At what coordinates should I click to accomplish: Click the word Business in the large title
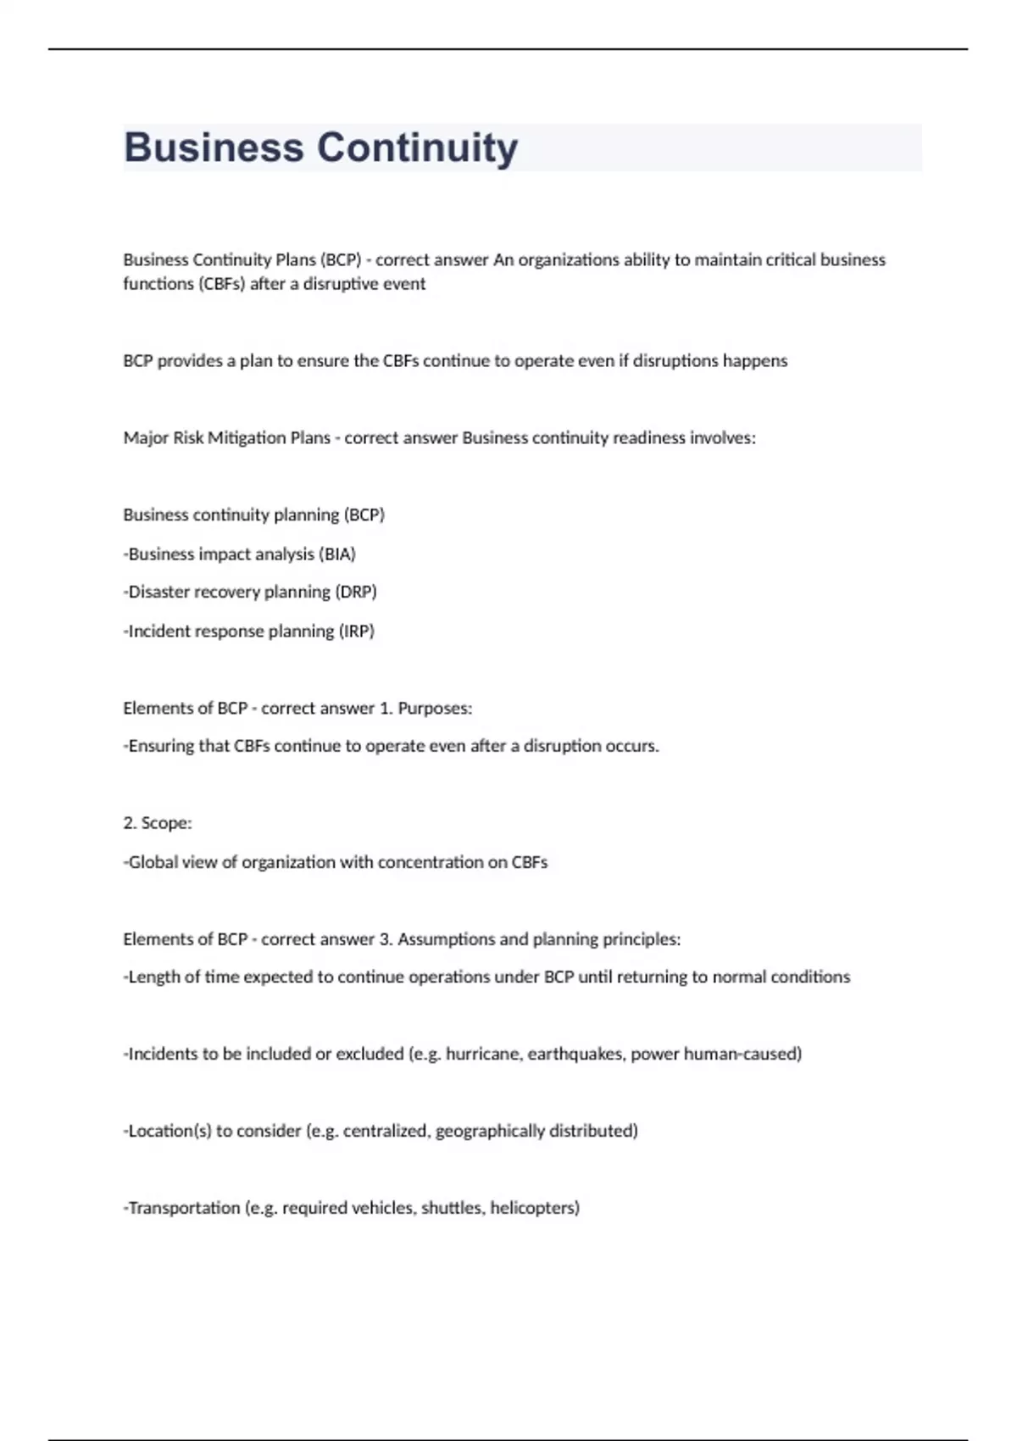[214, 148]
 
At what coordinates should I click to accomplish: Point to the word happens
[754, 361]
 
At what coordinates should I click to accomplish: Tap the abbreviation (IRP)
[356, 631]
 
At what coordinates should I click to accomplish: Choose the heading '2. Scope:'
[158, 823]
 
